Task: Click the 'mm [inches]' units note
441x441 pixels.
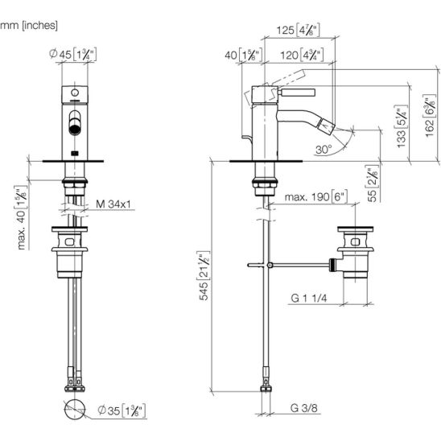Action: pos(29,26)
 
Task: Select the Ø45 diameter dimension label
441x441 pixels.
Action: pos(73,54)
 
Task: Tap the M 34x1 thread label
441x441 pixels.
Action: pos(113,204)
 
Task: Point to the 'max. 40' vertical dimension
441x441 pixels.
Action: pos(21,217)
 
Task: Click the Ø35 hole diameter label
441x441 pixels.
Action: pos(122,410)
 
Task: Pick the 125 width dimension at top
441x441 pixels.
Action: pos(298,30)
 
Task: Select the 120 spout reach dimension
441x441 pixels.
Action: pos(302,55)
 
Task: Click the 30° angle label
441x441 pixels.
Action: pos(324,150)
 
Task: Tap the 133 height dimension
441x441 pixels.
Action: pos(402,126)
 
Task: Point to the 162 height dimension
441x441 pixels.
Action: pos(430,116)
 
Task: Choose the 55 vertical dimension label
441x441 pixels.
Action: pos(373,183)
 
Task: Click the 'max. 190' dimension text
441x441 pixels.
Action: pos(315,197)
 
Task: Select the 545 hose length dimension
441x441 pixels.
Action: pos(204,276)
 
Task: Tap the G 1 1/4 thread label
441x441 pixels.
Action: pos(309,298)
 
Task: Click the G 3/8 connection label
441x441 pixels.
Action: pos(303,408)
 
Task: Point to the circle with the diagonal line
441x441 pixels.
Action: pos(75,410)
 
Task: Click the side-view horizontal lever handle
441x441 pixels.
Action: pos(297,93)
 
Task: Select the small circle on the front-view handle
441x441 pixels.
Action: pos(75,93)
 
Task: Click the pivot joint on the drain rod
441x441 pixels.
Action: pos(270,265)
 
